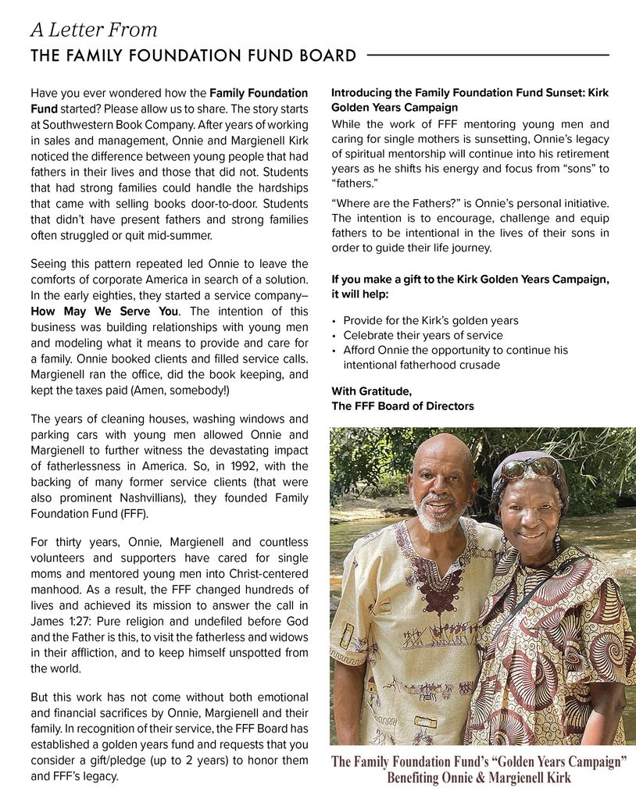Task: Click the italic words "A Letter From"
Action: click(x=94, y=30)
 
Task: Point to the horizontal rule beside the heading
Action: click(x=488, y=55)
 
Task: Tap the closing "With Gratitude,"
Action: click(x=371, y=391)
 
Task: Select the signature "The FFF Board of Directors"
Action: click(x=402, y=406)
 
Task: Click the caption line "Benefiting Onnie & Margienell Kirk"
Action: click(x=478, y=778)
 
